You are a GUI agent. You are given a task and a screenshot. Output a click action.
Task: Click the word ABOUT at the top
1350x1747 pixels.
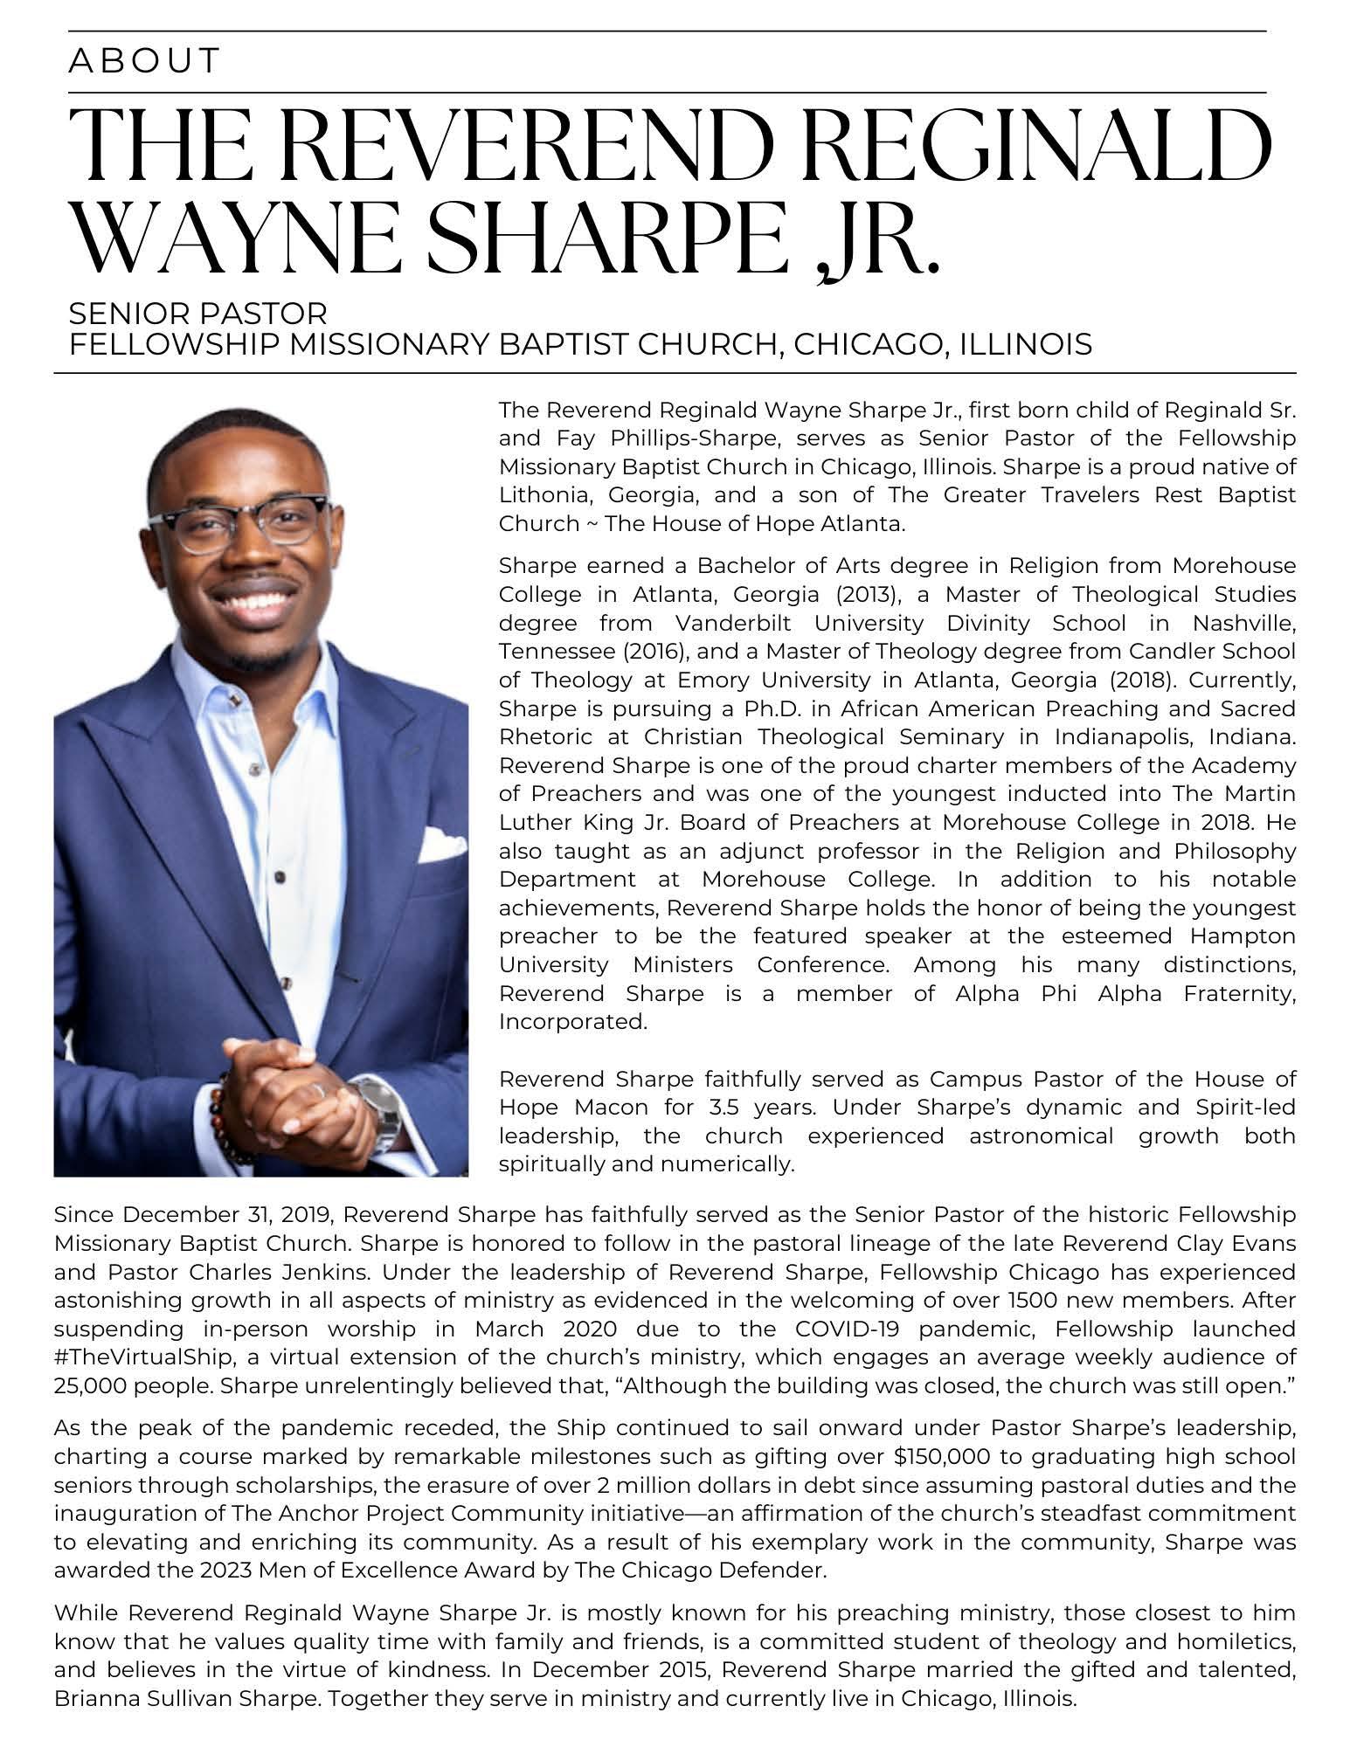pos(144,61)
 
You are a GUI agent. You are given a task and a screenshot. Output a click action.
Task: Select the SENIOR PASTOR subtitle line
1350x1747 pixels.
pos(198,313)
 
